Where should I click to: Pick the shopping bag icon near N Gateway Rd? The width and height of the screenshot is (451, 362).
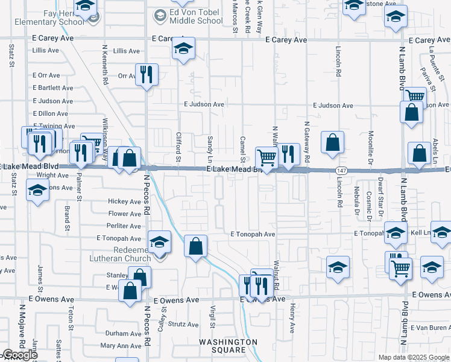(332, 142)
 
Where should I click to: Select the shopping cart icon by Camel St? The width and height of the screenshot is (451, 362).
(266, 158)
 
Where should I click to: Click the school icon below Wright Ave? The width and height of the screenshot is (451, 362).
(38, 190)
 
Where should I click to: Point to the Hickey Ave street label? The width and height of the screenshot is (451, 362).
(124, 202)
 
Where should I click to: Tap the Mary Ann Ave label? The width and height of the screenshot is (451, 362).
(121, 346)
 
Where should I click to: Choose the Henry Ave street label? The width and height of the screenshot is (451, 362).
(292, 317)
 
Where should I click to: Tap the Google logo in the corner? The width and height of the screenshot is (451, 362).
(19, 355)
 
